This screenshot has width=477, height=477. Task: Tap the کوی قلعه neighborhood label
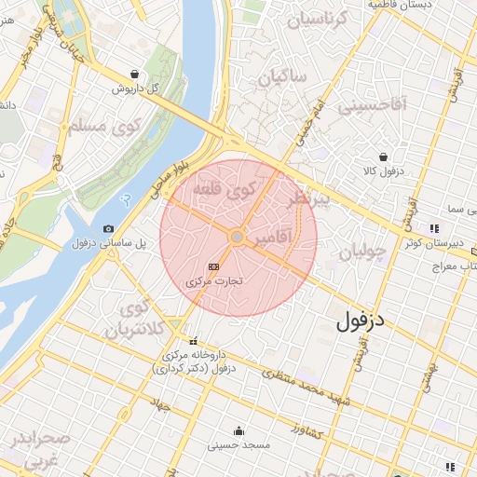[x=224, y=190]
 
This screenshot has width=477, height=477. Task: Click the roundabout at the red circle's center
[x=238, y=238]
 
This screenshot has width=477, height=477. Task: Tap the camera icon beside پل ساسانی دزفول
[x=109, y=229]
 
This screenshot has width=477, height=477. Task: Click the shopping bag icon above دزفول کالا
[x=383, y=157]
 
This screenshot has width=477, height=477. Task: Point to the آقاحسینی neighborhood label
[x=373, y=105]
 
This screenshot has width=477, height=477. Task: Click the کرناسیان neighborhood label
[x=317, y=18]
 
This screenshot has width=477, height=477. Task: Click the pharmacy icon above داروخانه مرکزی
[x=194, y=341]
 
